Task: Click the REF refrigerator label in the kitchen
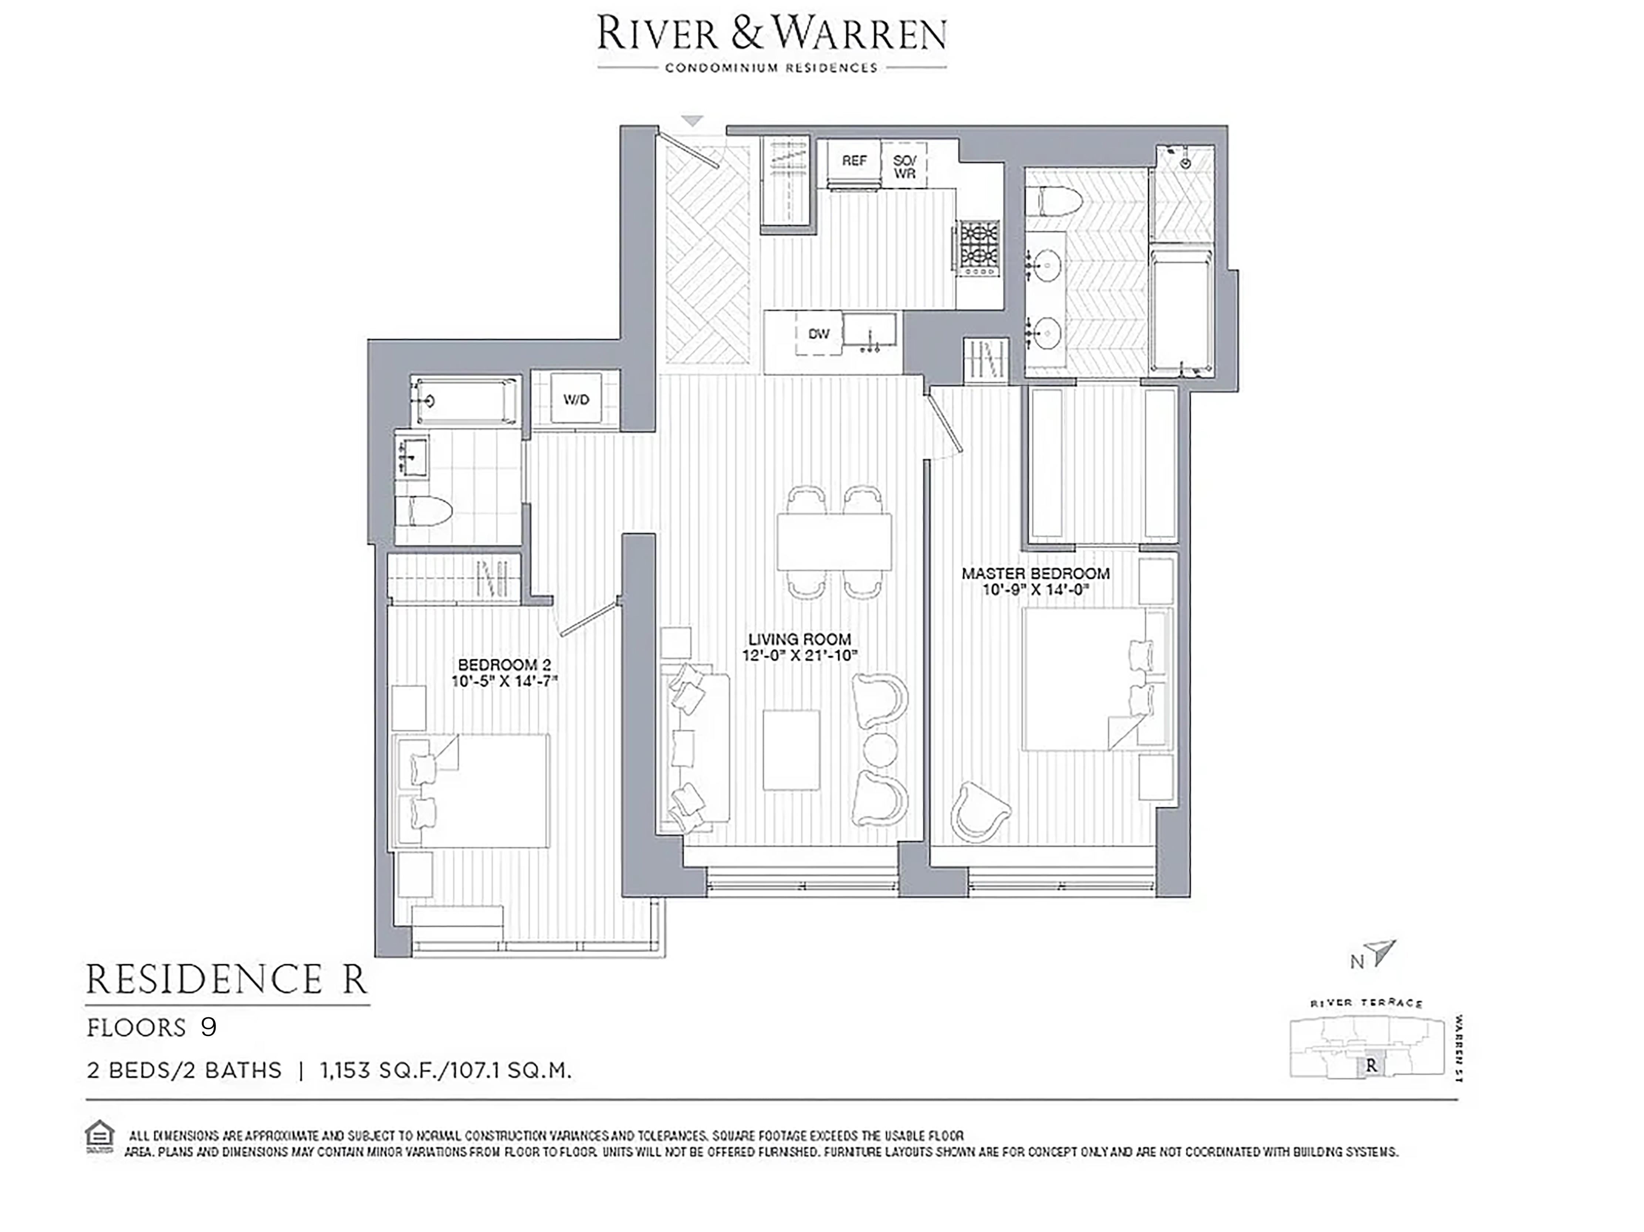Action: [x=854, y=160]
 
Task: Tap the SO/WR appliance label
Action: [x=904, y=166]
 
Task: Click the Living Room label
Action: [x=800, y=639]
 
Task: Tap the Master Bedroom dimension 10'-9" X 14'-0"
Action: [x=1035, y=590]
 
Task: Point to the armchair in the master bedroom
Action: [x=980, y=811]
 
